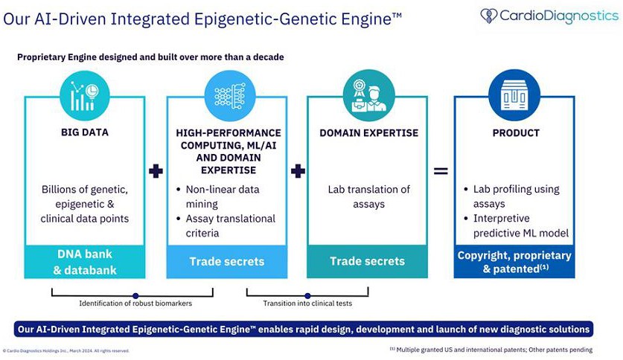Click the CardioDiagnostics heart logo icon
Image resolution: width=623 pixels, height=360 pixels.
[x=489, y=16]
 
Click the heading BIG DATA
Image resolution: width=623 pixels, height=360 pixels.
[x=84, y=133]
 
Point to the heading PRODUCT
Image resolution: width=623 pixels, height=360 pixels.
[x=515, y=133]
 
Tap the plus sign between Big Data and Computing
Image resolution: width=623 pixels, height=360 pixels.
[x=156, y=171]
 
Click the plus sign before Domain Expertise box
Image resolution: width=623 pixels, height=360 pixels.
[x=298, y=171]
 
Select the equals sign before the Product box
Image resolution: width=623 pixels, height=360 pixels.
[x=441, y=171]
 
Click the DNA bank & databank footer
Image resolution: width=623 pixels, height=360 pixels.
[x=84, y=262]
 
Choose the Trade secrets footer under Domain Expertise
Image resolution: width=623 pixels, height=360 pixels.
[x=368, y=261]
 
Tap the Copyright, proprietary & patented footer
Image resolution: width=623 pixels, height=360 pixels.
[x=514, y=262]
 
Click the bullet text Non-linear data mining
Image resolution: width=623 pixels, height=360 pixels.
[x=222, y=196]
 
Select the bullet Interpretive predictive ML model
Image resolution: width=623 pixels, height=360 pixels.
[x=521, y=225]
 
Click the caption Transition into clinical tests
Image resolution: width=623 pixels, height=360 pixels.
[x=307, y=303]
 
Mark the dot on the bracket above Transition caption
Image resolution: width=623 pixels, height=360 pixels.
[x=307, y=294]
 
